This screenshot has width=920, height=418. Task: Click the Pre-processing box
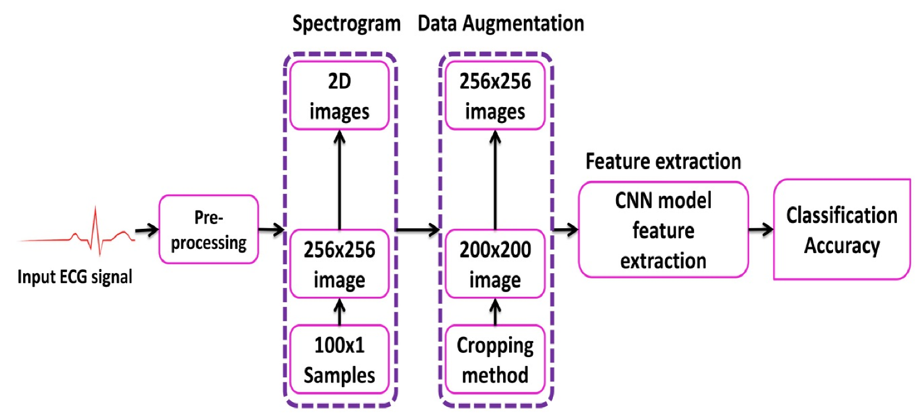click(208, 230)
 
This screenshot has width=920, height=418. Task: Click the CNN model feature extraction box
click(663, 230)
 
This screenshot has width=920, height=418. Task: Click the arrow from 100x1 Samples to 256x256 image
click(339, 310)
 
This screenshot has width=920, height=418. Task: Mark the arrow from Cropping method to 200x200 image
click(494, 310)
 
